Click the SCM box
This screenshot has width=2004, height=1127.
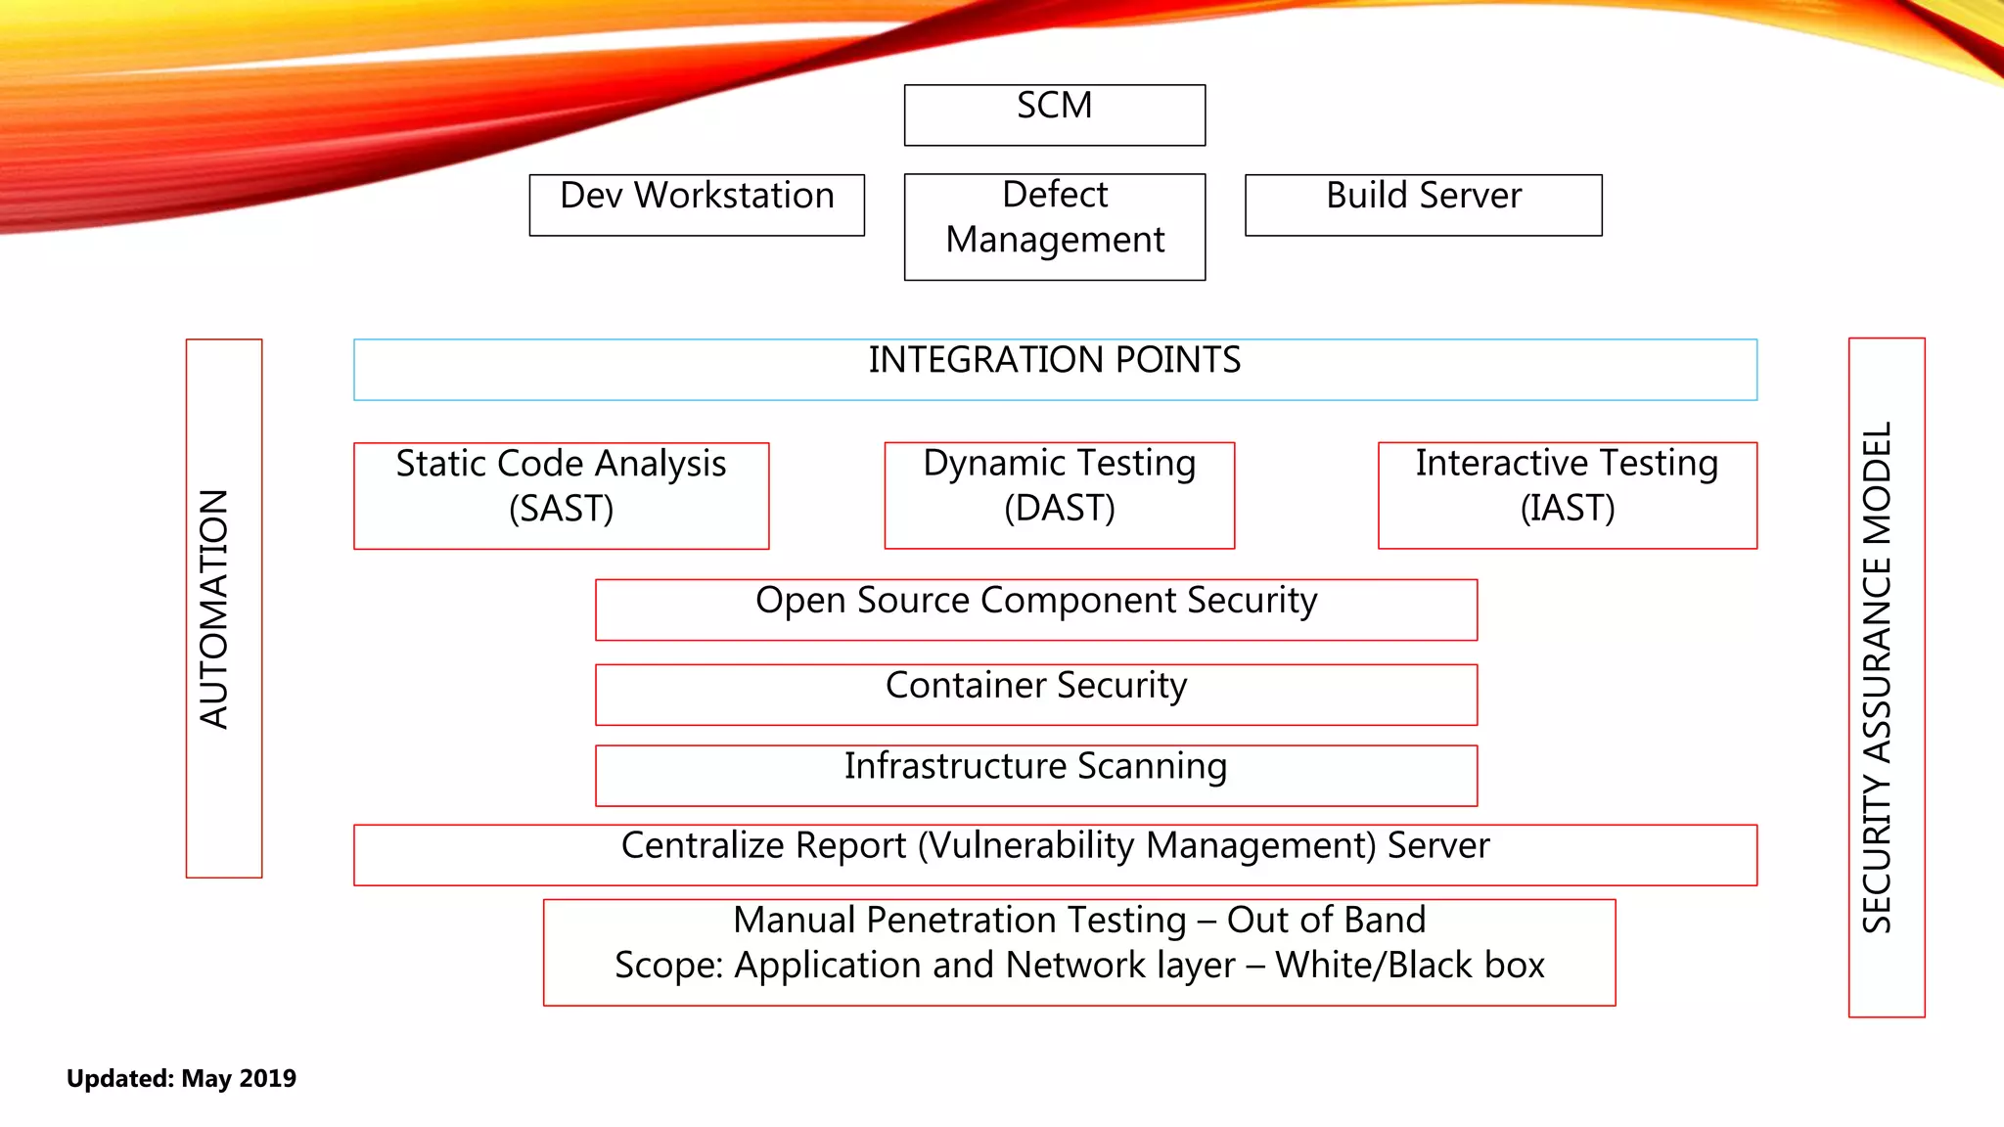[1054, 115]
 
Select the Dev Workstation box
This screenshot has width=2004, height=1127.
[697, 204]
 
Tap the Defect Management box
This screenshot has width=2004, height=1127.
[1054, 227]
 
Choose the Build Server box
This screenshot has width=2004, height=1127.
[1423, 204]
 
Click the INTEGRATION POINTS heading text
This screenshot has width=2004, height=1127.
[1054, 360]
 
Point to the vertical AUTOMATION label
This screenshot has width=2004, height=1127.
[214, 609]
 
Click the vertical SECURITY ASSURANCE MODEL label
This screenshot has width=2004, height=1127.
[1877, 677]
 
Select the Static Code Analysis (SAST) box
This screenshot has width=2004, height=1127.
[561, 495]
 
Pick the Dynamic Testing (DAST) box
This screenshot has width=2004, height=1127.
[1059, 495]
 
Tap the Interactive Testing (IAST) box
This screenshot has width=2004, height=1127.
[1567, 495]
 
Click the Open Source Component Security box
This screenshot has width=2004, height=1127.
[1035, 609]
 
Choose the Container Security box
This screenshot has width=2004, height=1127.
[1035, 694]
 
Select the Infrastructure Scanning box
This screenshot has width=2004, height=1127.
[1035, 775]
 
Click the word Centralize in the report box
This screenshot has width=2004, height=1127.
[701, 845]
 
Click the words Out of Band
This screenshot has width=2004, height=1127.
[1326, 920]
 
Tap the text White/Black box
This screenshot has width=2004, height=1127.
[1409, 965]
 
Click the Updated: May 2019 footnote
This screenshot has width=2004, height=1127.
[181, 1078]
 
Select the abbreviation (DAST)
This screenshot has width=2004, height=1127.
[1059, 509]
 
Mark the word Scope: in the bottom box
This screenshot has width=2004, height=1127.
[668, 965]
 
